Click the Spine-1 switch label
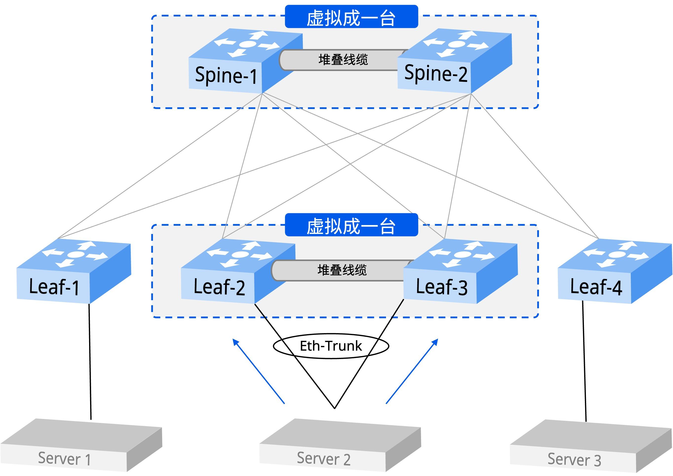point(226,75)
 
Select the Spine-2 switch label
point(436,73)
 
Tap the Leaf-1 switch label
point(54,287)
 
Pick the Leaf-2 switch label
point(219,287)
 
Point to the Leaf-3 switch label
point(442,287)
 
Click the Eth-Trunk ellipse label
point(331,346)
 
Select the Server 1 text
point(64,459)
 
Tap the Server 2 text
point(324,459)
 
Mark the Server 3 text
point(574,459)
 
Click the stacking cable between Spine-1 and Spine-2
point(343,60)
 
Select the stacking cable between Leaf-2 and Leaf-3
point(342,270)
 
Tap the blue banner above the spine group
point(351,17)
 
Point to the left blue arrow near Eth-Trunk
point(258,371)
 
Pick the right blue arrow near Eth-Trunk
point(412,371)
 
